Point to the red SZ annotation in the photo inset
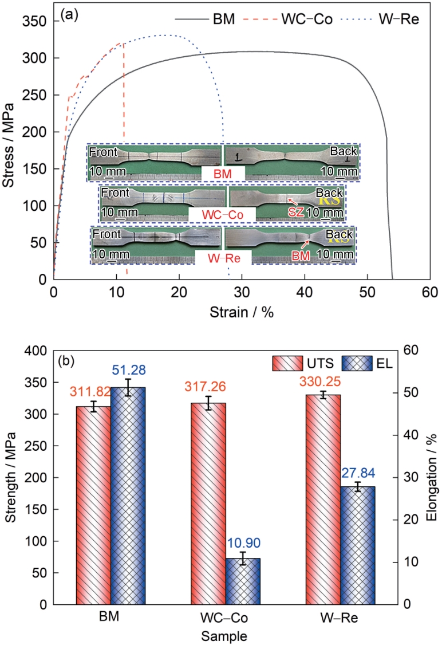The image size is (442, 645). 295,212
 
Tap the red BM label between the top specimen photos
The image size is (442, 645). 223,172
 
